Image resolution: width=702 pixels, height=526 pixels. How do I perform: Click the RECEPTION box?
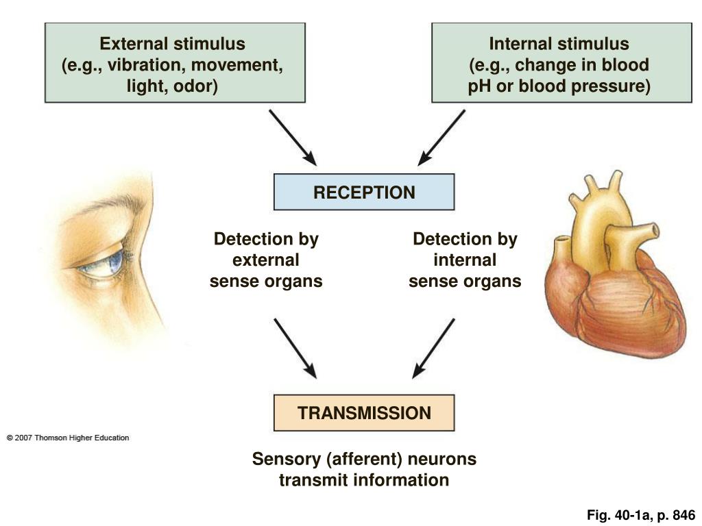364,192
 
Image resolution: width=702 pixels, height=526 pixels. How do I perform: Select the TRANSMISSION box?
364,413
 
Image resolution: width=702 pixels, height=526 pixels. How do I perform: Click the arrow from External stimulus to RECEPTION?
293,137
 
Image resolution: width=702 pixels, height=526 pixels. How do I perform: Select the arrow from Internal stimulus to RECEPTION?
441,137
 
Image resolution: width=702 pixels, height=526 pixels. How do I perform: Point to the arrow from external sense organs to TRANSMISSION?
295,348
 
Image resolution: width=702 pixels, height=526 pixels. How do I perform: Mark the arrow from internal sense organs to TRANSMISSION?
433,348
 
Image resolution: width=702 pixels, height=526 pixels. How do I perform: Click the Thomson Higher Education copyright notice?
68,438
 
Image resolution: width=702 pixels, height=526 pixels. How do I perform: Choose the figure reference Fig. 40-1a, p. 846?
641,515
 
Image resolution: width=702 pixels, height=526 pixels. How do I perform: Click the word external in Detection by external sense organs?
266,260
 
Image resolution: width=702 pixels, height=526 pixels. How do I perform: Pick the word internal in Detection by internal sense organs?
465,260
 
